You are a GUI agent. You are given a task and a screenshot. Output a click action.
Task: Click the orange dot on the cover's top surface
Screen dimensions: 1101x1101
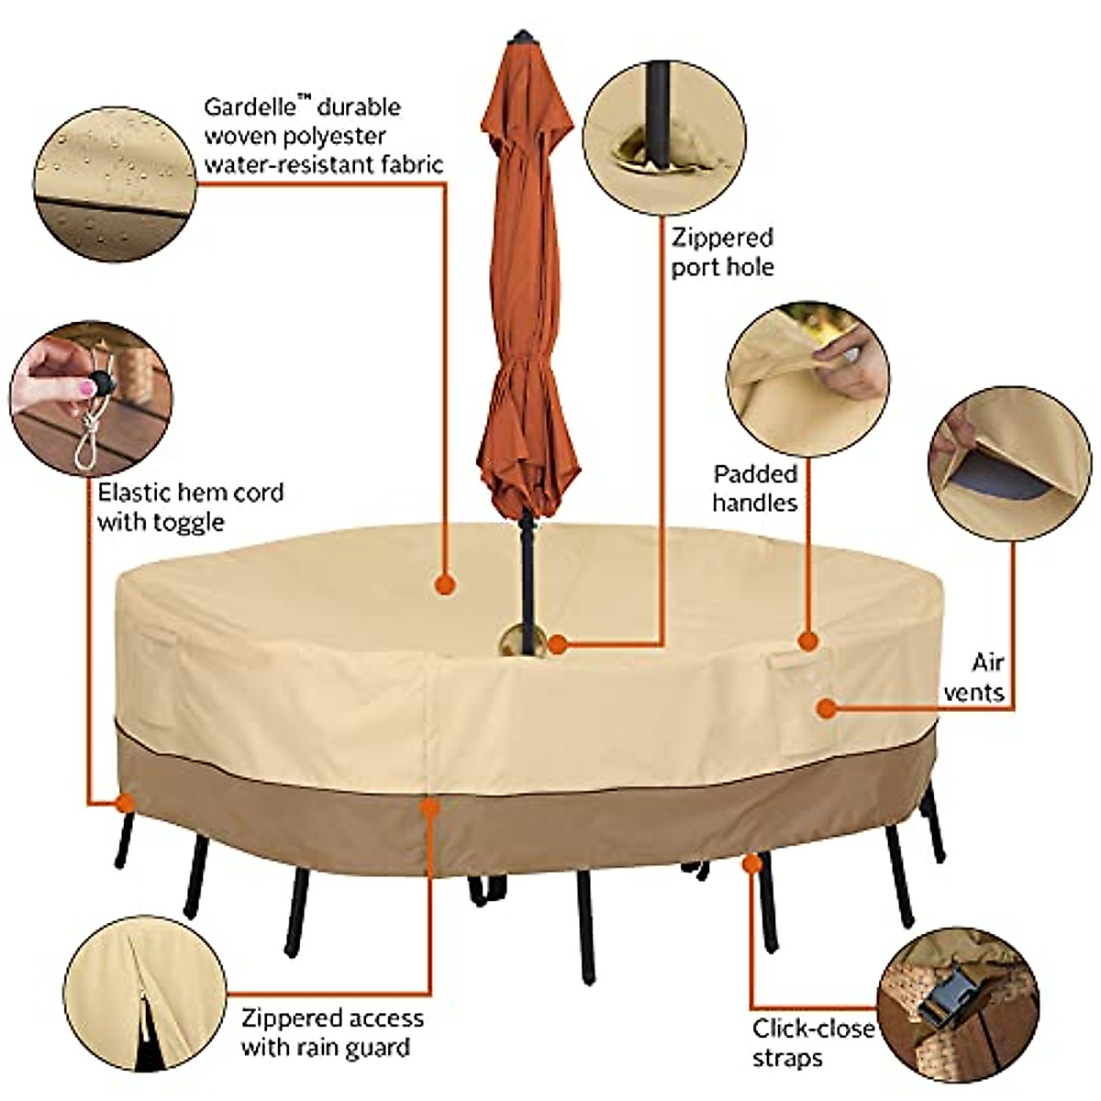point(445,584)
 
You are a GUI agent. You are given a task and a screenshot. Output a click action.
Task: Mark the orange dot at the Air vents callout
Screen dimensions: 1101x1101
point(827,707)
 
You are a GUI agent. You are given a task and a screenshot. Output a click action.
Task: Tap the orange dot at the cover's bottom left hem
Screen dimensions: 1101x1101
point(124,804)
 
